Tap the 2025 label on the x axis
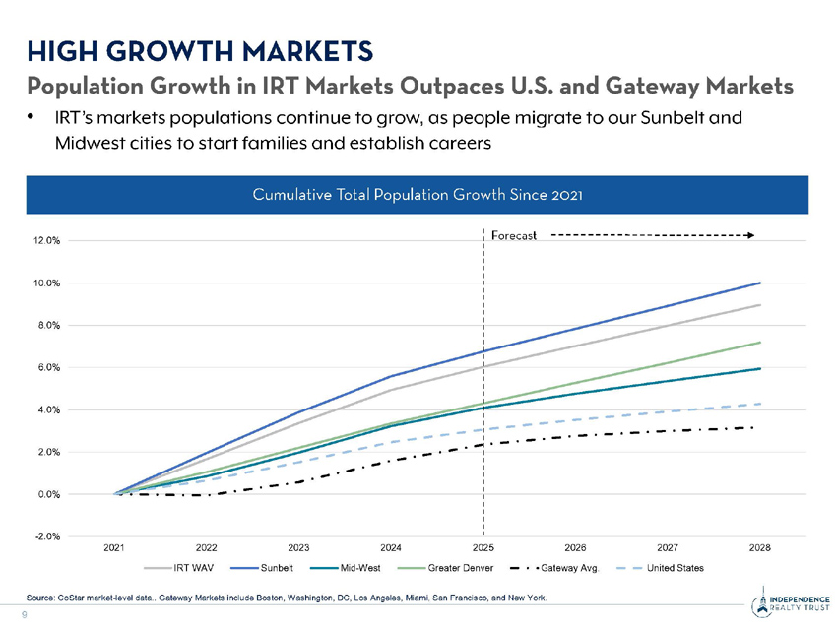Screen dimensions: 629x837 pyautogui.click(x=483, y=547)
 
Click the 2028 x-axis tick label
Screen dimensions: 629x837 pyautogui.click(x=759, y=547)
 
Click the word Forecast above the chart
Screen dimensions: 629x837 pyautogui.click(x=513, y=235)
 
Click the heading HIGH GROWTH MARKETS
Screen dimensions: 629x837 pyautogui.click(x=200, y=48)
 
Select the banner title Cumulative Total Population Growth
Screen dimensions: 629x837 pyautogui.click(x=418, y=193)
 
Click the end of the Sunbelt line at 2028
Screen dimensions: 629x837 pyautogui.click(x=759, y=283)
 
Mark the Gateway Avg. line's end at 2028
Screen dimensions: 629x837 pyautogui.click(x=753, y=427)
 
